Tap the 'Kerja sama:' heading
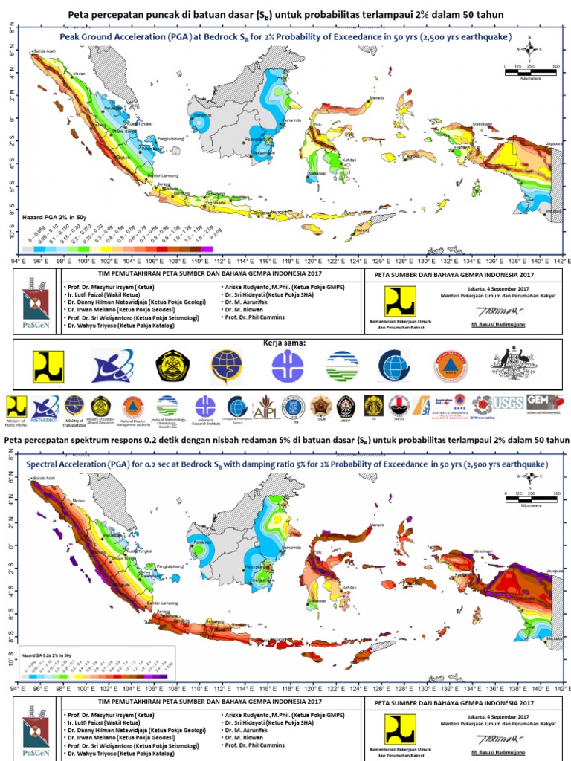[285, 343]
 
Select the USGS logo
[508, 402]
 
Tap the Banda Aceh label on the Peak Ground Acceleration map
[45, 52]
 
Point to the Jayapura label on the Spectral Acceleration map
[549, 571]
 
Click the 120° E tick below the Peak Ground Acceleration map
[312, 261]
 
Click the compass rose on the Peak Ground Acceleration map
[529, 51]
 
